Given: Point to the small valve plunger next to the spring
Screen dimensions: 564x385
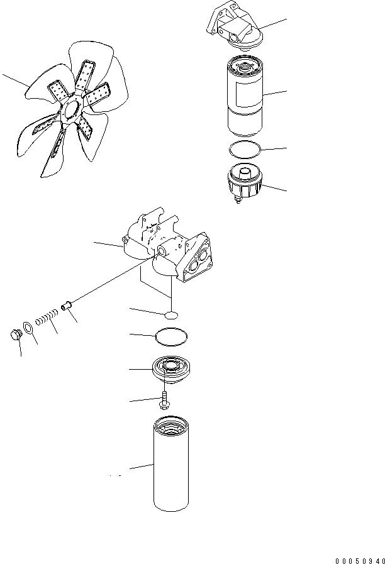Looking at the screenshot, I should (65, 308).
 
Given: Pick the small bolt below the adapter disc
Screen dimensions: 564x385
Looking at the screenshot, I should (165, 400).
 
